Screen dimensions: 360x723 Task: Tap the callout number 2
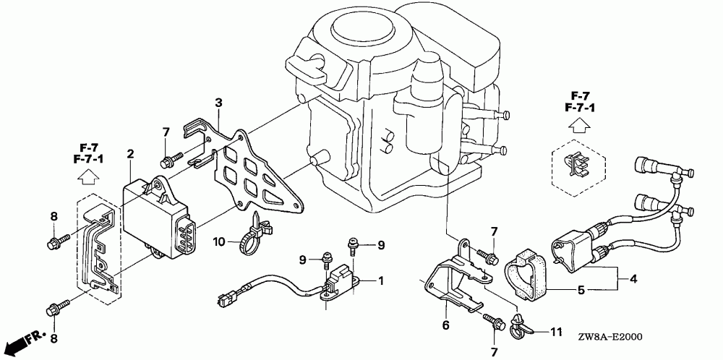(131, 153)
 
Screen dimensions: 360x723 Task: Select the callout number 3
(218, 104)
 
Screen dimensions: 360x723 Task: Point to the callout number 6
(445, 326)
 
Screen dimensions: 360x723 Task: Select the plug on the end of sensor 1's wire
(225, 297)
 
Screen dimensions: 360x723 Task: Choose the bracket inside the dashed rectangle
(98, 246)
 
